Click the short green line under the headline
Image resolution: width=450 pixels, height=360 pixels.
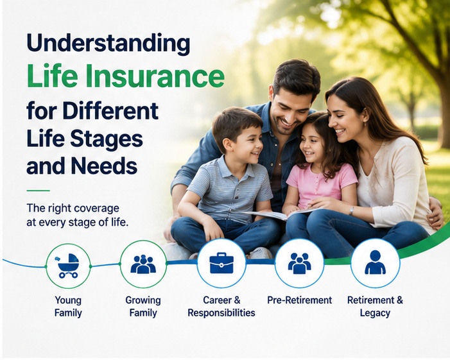[38, 190]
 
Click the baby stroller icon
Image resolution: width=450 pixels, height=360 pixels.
[68, 266]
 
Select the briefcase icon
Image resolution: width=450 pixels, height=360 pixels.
[221, 263]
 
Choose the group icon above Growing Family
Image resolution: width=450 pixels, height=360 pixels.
[143, 264]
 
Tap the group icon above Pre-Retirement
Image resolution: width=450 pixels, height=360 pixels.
[299, 263]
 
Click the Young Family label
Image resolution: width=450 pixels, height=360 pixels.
[68, 306]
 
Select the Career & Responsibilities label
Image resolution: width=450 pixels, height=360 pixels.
[221, 306]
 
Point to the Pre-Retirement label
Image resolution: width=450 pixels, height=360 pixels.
[300, 300]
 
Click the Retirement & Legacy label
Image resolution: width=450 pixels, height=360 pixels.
[375, 306]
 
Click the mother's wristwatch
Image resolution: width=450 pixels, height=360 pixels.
[352, 210]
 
